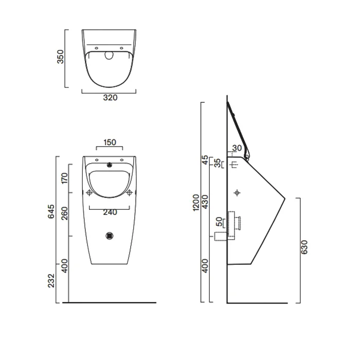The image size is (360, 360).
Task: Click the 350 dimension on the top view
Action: pyautogui.click(x=61, y=57)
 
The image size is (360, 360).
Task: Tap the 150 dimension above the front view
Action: pyautogui.click(x=109, y=142)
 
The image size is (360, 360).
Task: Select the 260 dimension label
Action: pyautogui.click(x=64, y=213)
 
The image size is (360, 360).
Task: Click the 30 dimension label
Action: pyautogui.click(x=237, y=148)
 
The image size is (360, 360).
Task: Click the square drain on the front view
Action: pyautogui.click(x=109, y=236)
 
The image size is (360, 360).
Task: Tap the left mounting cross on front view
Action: pyautogui.click(x=89, y=193)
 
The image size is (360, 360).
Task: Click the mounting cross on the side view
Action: pyautogui.click(x=237, y=193)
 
